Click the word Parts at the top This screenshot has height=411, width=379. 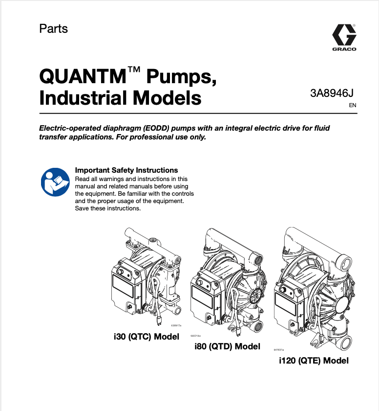53,28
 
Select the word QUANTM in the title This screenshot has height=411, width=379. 83,77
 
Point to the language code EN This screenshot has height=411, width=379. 353,105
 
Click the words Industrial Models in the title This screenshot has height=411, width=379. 120,98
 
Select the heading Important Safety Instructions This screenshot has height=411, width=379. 126,170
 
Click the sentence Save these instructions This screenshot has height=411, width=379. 107,208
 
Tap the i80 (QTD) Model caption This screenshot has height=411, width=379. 227,346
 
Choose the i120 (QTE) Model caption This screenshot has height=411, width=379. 314,361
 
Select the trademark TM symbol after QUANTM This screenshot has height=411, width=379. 134,71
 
